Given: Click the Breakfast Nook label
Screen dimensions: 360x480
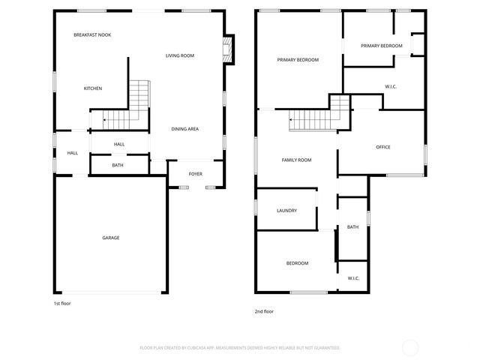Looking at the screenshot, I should tap(92, 35).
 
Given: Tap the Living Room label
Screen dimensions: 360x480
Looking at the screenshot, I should tap(180, 55).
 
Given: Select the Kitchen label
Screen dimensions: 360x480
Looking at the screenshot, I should tap(93, 88).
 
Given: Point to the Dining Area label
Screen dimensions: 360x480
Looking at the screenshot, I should tap(184, 129).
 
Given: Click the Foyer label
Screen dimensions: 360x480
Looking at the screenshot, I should tap(195, 174).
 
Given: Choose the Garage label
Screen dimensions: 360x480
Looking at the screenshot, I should tap(111, 238).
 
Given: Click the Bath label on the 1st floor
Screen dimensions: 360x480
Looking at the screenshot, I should tap(118, 165).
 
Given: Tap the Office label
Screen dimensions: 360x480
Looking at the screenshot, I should tap(382, 147).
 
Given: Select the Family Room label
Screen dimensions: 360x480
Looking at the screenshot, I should tap(296, 160).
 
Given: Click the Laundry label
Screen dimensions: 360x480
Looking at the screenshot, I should tap(286, 211).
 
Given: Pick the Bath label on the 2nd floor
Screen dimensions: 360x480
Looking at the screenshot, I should tap(352, 227).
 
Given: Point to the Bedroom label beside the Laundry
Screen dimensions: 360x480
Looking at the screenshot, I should tap(297, 263).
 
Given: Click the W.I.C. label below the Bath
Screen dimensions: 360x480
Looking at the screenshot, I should tap(353, 278).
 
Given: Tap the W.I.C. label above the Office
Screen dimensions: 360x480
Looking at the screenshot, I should tap(391, 87).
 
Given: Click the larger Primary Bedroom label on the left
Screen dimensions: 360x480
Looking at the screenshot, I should tap(298, 60).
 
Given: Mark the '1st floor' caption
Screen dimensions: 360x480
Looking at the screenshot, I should tap(62, 304).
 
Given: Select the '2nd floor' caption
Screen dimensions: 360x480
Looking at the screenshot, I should tap(264, 311).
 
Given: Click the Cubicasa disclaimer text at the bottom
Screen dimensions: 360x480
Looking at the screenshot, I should tap(240, 348).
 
